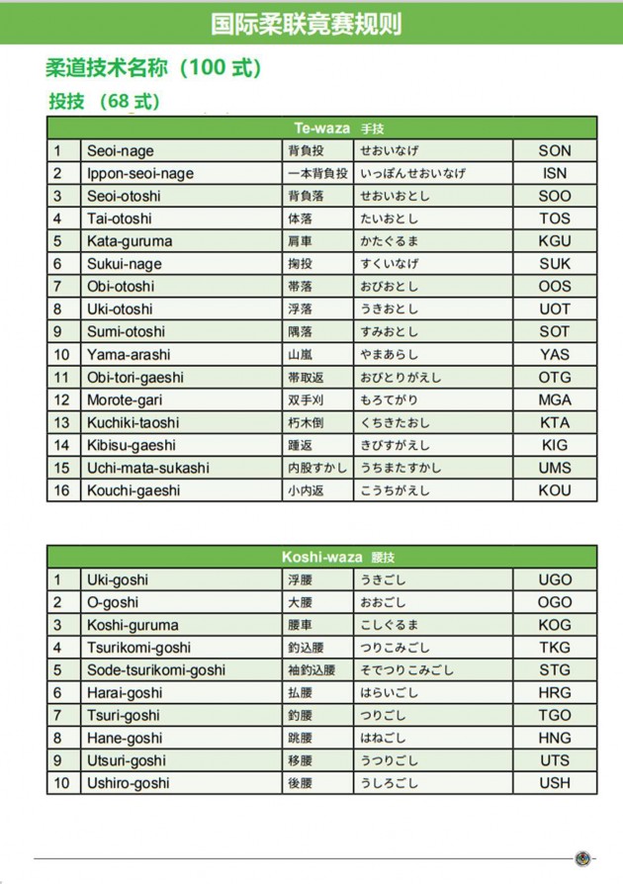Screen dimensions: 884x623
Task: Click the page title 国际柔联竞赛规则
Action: coord(307,24)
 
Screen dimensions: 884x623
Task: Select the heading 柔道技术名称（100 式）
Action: coord(152,68)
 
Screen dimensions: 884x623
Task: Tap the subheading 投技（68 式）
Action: coord(105,101)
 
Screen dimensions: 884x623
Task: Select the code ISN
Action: coord(555,173)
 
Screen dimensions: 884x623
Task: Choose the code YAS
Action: coord(555,354)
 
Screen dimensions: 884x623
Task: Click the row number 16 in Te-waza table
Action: coord(62,490)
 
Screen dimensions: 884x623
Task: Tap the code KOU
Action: coord(555,490)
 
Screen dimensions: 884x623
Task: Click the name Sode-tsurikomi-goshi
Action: coord(156,670)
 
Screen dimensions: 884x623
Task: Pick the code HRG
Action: coord(555,693)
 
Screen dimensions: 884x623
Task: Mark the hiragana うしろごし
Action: coord(389,783)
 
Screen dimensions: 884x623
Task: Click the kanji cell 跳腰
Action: coord(300,738)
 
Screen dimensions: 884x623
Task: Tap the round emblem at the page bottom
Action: coord(582,858)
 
